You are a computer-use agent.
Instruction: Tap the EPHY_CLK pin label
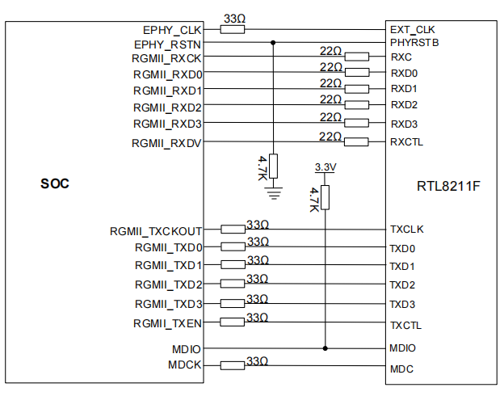click(172, 29)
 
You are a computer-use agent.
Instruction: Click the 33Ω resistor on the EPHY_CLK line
click(233, 29)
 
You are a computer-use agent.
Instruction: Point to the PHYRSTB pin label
click(414, 42)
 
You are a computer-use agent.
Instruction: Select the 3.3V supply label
click(324, 166)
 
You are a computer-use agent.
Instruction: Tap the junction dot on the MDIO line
click(325, 348)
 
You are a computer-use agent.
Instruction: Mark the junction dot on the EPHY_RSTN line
click(273, 42)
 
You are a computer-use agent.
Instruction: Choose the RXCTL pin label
click(406, 142)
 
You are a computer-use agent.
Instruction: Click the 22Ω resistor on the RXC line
click(357, 57)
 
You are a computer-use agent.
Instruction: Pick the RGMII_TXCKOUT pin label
click(156, 230)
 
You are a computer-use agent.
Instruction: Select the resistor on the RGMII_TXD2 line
click(233, 284)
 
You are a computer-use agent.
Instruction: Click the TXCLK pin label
click(406, 230)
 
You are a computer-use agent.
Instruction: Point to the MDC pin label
click(401, 369)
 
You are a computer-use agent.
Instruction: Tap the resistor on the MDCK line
click(233, 365)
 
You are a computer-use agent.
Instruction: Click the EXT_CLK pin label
click(412, 29)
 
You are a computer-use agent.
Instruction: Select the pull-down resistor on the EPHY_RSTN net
click(273, 166)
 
